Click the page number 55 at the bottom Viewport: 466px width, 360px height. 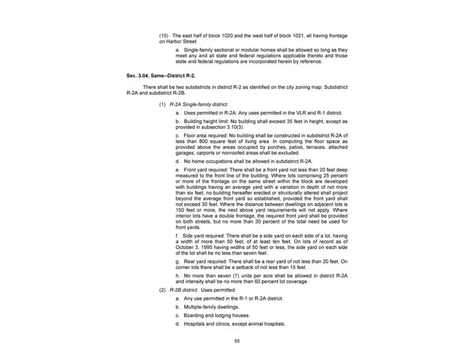pyautogui.click(x=237, y=341)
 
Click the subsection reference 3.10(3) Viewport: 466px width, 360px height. pyautogui.click(x=233, y=127)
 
